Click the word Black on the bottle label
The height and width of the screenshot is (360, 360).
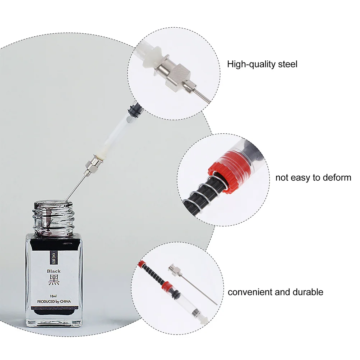(x=54, y=271)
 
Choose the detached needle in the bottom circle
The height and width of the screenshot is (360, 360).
(x=194, y=284)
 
